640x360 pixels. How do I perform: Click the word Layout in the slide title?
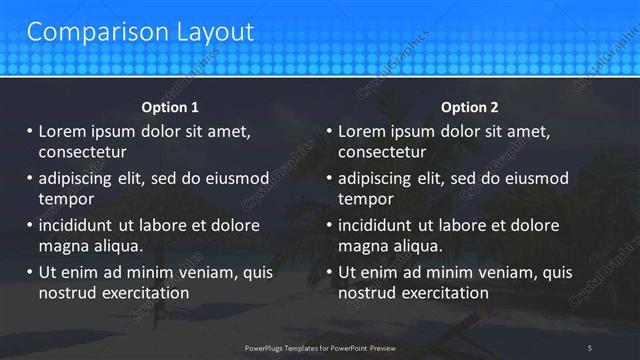(211, 32)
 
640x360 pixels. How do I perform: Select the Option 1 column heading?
(170, 107)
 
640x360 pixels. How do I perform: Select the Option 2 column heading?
(469, 107)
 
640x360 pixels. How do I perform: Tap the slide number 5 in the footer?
(590, 347)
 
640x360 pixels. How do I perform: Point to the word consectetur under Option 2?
(382, 152)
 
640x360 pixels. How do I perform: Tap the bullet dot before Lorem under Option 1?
(29, 131)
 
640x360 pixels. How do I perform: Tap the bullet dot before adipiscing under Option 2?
(329, 178)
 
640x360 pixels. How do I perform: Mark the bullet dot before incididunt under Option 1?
(29, 225)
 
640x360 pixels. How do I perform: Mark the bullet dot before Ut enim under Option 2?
(329, 272)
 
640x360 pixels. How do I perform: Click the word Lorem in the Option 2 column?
(363, 131)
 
